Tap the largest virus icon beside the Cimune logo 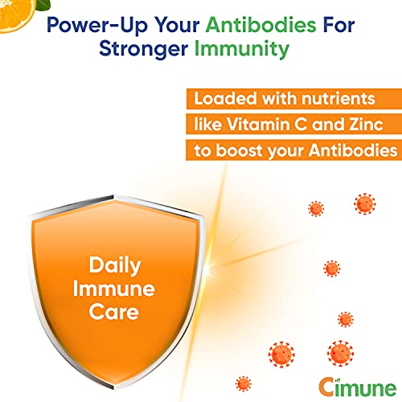click(x=339, y=352)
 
